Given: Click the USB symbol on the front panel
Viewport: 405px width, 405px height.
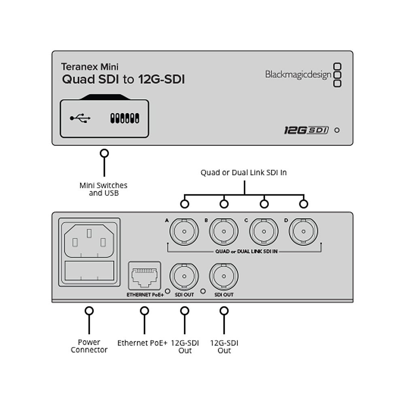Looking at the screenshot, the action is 80,118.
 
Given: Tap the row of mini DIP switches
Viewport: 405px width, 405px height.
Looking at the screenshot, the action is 125,118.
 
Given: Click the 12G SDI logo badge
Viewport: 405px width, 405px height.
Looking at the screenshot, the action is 306,130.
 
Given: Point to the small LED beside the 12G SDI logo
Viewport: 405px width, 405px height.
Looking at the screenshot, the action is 337,130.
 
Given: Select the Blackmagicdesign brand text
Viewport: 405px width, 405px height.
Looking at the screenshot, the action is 298,75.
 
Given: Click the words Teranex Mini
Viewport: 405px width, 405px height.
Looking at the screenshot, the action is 90,67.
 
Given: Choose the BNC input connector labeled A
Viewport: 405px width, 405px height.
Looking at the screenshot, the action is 184,231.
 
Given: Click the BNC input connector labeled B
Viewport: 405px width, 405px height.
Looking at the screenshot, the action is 224,231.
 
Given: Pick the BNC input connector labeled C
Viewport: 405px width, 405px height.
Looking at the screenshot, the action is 264,231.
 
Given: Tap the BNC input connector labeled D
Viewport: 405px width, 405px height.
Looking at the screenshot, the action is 303,231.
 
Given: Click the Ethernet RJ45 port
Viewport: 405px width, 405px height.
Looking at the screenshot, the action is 145,276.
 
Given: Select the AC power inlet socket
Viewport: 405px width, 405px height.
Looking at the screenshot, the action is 89,241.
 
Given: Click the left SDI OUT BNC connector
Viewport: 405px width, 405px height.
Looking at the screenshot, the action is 184,276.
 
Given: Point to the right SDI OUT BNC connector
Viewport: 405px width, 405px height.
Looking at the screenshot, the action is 224,276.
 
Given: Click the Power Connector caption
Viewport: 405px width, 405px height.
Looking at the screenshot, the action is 89,346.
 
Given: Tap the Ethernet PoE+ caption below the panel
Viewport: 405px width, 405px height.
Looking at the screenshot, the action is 142,343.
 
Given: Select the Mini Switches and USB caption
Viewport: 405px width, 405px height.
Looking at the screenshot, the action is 104,189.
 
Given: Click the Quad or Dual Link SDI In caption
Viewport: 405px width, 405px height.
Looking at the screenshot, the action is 243,173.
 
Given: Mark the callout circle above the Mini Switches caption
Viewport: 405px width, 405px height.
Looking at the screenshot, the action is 104,153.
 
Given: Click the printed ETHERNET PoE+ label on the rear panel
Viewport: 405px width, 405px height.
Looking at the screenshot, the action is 145,295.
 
